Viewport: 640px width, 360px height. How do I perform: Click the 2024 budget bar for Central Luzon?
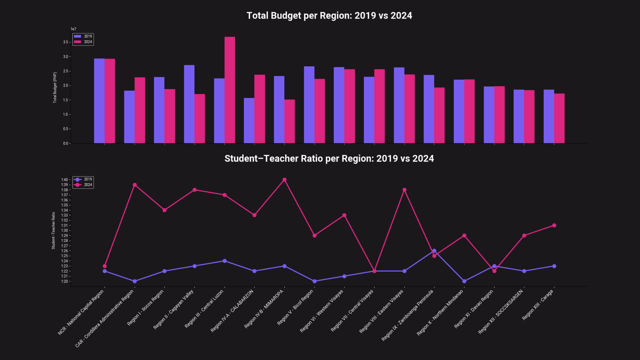click(x=230, y=90)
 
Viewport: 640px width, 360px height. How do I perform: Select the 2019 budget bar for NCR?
click(x=99, y=101)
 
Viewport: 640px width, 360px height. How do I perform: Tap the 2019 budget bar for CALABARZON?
click(x=249, y=121)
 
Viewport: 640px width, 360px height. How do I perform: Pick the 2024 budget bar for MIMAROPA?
click(x=290, y=121)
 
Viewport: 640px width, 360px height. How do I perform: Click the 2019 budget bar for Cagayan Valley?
click(x=189, y=104)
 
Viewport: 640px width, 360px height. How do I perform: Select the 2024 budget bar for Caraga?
click(x=559, y=118)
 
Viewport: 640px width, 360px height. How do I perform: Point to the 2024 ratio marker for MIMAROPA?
click(x=284, y=180)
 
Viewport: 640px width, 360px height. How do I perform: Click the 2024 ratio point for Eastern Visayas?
click(x=404, y=190)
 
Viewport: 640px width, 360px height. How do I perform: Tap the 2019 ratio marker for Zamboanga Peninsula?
click(x=434, y=251)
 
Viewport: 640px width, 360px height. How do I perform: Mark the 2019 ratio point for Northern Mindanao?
click(x=464, y=281)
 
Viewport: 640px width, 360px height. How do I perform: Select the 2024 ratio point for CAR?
click(x=135, y=185)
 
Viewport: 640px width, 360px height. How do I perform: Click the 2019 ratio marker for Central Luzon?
click(x=225, y=261)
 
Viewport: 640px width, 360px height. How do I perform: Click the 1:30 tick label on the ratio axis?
click(x=64, y=231)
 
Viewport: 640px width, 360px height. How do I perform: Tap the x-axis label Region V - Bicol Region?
click(x=295, y=307)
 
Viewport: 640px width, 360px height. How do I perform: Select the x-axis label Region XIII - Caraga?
click(x=537, y=305)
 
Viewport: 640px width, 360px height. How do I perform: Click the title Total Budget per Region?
click(x=329, y=16)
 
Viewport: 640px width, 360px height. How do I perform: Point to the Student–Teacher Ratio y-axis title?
click(x=53, y=230)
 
